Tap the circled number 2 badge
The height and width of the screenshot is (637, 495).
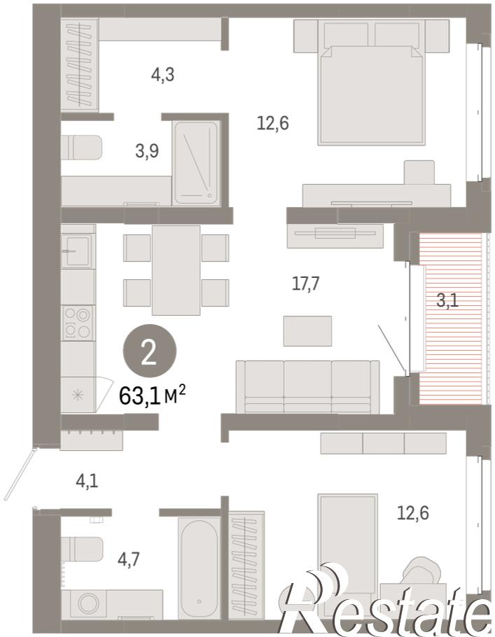pos(150,351)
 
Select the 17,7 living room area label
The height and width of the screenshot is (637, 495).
pos(306,283)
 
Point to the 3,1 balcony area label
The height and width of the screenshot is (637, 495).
pos(447,301)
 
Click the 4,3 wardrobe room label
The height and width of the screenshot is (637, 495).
pos(162,75)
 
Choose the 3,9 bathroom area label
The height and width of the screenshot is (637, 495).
pos(147,151)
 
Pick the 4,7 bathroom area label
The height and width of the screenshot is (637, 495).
pos(128,560)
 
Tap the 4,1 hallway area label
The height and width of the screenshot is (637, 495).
pos(87,482)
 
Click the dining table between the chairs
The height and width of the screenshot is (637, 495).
pos(176,270)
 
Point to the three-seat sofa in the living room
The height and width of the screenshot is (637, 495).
pos(307,386)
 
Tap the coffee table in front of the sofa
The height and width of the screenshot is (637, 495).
pos(307,331)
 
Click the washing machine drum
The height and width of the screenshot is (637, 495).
pos(88,603)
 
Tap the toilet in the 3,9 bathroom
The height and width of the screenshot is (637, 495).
pos(81,147)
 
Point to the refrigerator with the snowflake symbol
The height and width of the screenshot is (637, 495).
pos(78,395)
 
